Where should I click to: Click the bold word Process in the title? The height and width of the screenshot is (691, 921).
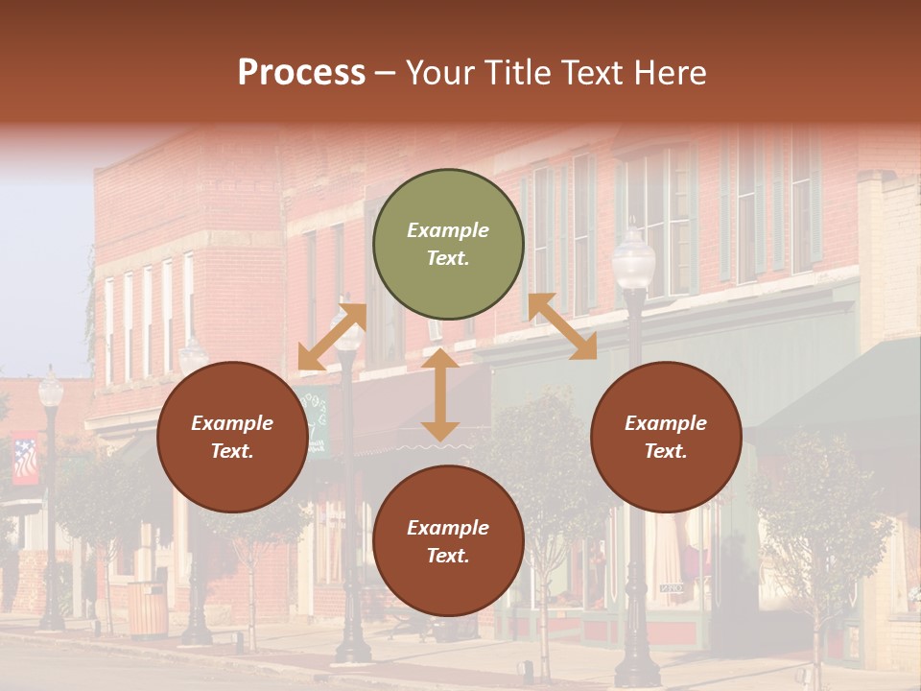tap(301, 73)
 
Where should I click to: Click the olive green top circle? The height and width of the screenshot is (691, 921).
tap(448, 244)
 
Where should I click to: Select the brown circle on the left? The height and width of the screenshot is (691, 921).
tap(232, 437)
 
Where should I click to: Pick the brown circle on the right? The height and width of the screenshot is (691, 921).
tap(666, 437)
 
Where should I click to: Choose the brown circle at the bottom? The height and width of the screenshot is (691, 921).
tap(448, 541)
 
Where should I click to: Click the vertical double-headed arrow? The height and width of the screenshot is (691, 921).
tap(440, 395)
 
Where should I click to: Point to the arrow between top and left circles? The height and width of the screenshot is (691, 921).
tap(332, 337)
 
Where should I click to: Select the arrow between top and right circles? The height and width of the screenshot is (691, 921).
tap(562, 326)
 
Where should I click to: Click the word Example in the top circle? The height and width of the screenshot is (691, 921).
tap(448, 230)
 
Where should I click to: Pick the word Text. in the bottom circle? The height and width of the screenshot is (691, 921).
tap(448, 556)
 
